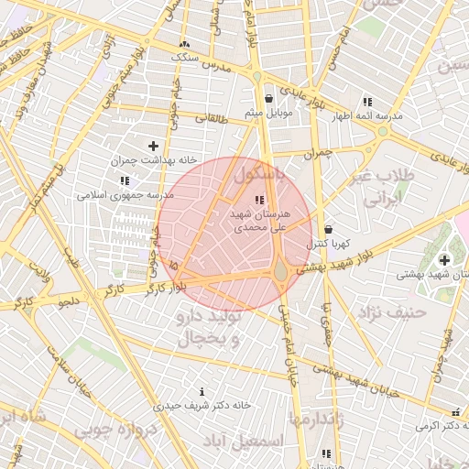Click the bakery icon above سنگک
[x=185, y=44]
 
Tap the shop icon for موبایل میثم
[x=267, y=99]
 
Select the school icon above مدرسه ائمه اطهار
[x=367, y=102]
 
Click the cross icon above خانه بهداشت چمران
[x=153, y=146]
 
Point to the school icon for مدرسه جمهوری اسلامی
[x=124, y=181]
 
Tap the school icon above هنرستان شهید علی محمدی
[x=259, y=199]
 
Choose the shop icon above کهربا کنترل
[x=329, y=229]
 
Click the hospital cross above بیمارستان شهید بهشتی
[x=444, y=260]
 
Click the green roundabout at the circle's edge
[x=280, y=270]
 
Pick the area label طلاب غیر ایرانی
[x=388, y=189]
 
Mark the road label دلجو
[x=69, y=300]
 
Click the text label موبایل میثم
[x=267, y=113]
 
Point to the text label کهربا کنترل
[x=329, y=244]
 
